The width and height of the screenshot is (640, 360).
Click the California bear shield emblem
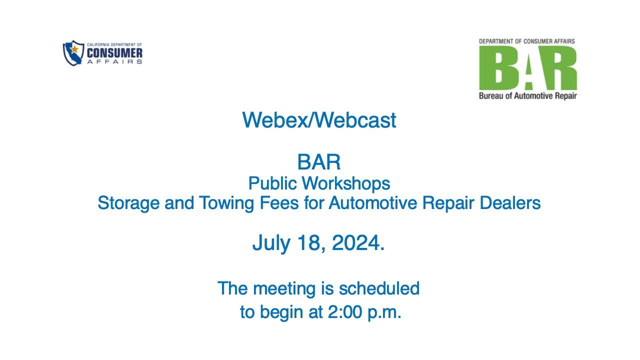coord(73,53)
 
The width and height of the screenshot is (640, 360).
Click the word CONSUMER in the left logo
coord(114,53)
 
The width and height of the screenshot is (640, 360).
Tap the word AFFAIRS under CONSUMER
coord(114,61)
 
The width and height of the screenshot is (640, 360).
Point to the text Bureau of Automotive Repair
coord(527,95)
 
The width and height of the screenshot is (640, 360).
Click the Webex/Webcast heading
coord(319,120)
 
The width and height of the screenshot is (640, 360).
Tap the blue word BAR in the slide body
coord(319,162)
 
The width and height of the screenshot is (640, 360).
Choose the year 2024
coord(356,243)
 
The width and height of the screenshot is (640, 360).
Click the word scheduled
coord(379,288)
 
